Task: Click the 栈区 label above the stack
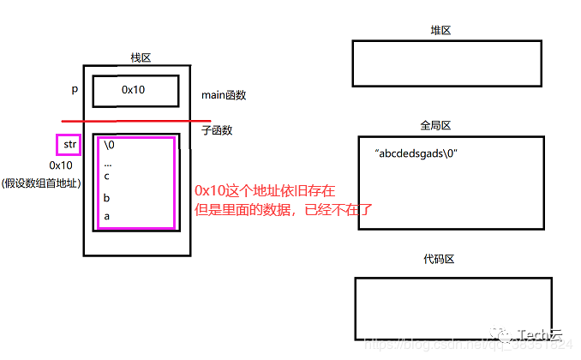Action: pyautogui.click(x=140, y=57)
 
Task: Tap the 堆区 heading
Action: pyautogui.click(x=440, y=31)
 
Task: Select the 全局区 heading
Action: pyautogui.click(x=435, y=125)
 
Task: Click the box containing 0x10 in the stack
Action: pyautogui.click(x=135, y=89)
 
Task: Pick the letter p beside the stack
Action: pyautogui.click(x=75, y=89)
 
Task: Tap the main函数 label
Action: pyautogui.click(x=224, y=95)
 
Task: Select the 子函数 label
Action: pyautogui.click(x=216, y=130)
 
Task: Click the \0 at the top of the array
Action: pyautogui.click(x=109, y=145)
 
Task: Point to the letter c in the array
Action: pyautogui.click(x=106, y=176)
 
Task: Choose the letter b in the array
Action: pyautogui.click(x=106, y=198)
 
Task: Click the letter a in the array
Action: pyautogui.click(x=106, y=216)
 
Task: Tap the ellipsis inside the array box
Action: pyautogui.click(x=107, y=161)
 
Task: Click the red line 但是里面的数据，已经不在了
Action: pyautogui.click(x=284, y=208)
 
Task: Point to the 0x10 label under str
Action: pyautogui.click(x=61, y=165)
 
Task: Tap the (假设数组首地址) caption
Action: pyautogui.click(x=42, y=183)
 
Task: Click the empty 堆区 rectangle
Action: pyautogui.click(x=446, y=63)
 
